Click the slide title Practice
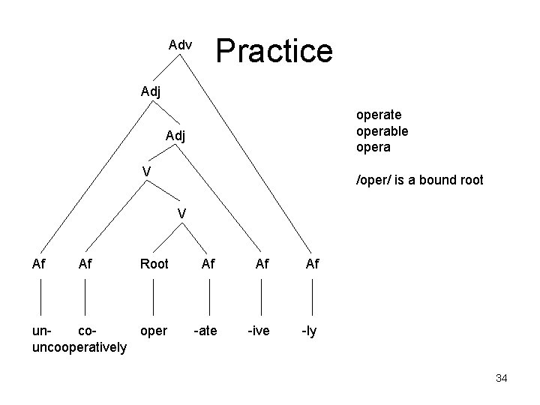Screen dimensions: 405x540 tap(274, 51)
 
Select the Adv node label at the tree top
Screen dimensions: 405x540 tap(180, 46)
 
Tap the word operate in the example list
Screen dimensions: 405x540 tap(379, 115)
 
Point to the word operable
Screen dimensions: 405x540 tap(382, 130)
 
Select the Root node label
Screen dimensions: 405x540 tap(154, 263)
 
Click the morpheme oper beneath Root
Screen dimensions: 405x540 tap(154, 330)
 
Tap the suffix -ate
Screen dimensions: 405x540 tap(207, 330)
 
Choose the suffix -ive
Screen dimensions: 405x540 tap(259, 330)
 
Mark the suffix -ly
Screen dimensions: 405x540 tap(309, 330)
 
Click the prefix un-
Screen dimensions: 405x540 tap(43, 330)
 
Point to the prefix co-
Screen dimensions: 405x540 tap(87, 330)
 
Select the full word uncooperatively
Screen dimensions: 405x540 tap(79, 347)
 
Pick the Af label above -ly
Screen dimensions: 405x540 tap(312, 263)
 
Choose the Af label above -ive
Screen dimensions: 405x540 tap(262, 263)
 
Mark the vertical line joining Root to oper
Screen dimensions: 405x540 tap(154, 296)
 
